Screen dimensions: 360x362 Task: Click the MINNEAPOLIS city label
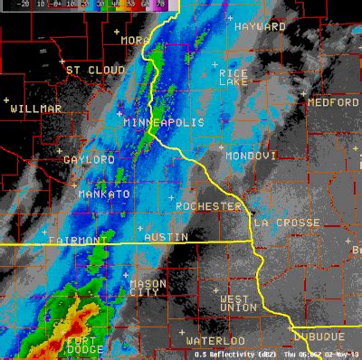tap(163, 122)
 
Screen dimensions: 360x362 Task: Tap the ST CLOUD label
tap(95, 70)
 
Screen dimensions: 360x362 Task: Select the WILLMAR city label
tap(36, 109)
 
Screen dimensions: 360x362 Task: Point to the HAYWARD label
tap(260, 27)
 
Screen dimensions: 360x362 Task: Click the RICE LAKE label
tap(234, 77)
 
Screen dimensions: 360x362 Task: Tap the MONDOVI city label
tap(250, 156)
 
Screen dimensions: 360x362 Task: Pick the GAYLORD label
tap(89, 159)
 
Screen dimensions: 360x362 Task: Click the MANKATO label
tap(104, 194)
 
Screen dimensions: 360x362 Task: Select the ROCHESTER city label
tap(209, 206)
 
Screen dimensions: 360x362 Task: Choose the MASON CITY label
tap(148, 288)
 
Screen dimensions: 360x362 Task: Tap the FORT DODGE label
tap(87, 346)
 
